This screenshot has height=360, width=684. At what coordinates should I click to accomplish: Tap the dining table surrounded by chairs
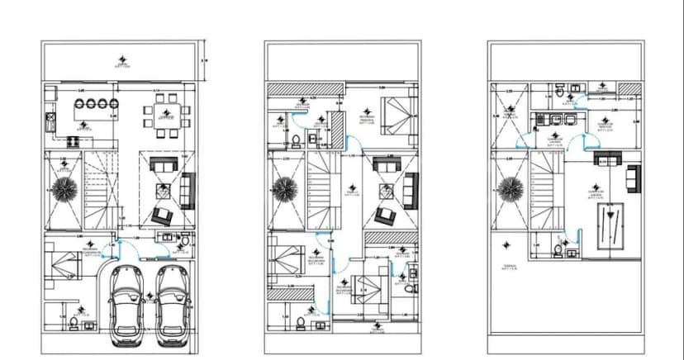[x=165, y=115]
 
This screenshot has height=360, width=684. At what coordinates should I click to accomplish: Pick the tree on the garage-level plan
[x=64, y=187]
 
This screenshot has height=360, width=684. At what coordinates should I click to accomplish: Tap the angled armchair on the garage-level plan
[x=163, y=216]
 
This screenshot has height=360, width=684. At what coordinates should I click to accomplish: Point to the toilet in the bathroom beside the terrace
[x=559, y=248]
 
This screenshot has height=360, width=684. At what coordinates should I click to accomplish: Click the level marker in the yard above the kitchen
[x=123, y=59]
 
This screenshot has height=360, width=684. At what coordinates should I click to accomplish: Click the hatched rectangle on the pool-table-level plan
[x=630, y=88]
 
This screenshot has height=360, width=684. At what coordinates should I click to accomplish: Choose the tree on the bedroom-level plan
[x=286, y=187]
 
